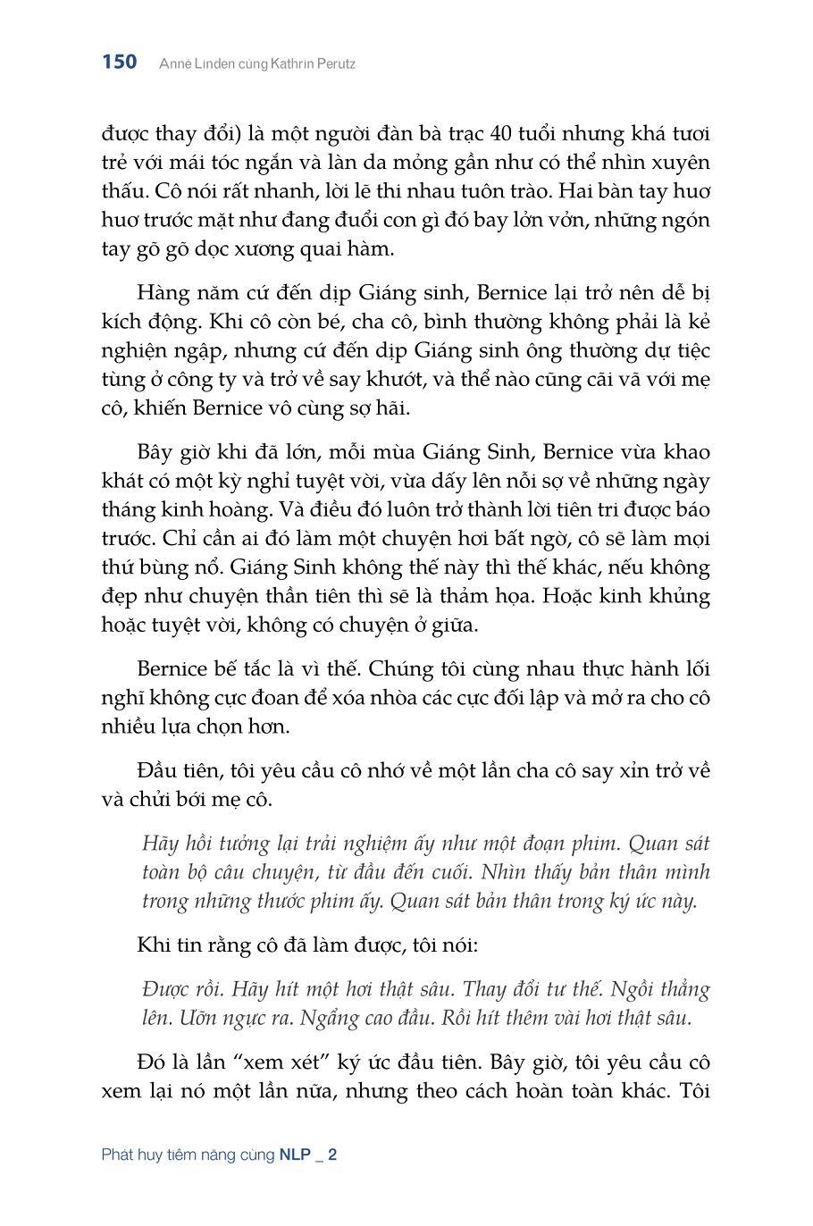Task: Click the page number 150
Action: [120, 63]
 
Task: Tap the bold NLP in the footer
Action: [295, 1155]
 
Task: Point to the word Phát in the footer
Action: [118, 1155]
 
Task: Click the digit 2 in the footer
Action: [332, 1155]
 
